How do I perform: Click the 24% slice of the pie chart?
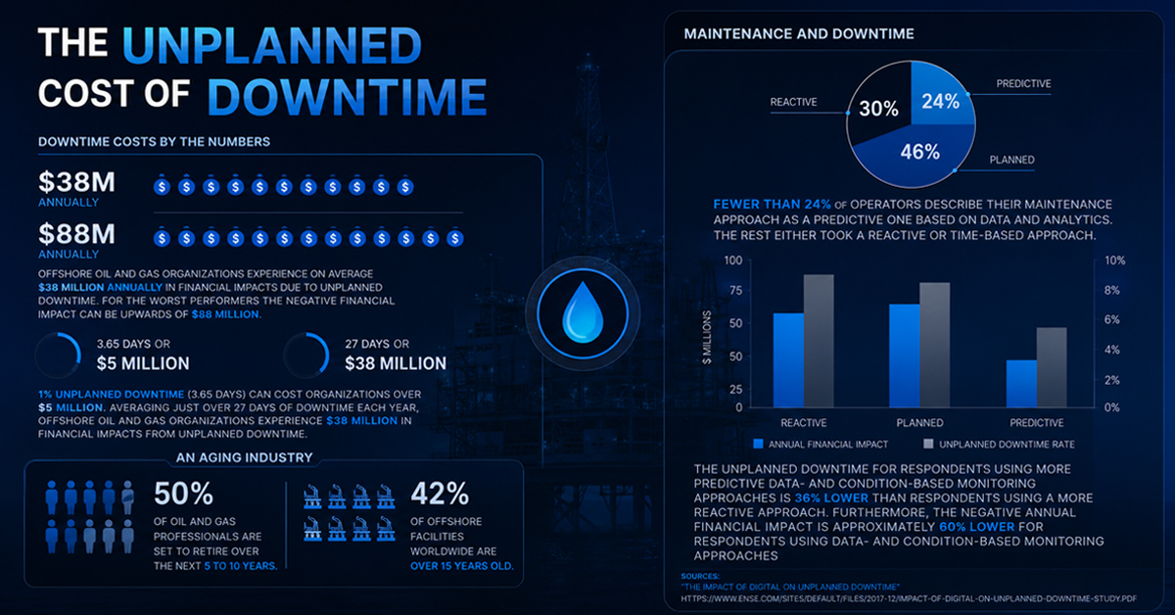(942, 97)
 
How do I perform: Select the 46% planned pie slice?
(918, 155)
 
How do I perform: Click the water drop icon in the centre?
(583, 312)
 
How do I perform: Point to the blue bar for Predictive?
(1021, 384)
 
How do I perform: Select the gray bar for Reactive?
(819, 341)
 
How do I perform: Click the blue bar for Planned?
(905, 355)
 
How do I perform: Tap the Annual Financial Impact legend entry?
(821, 445)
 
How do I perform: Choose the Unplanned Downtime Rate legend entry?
(999, 445)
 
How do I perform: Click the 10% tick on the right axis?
(1114, 260)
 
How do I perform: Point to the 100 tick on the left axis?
(733, 260)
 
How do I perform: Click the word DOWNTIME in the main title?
(348, 97)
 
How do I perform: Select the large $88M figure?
(76, 233)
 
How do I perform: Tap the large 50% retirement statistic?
(184, 494)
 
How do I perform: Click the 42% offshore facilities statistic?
(440, 494)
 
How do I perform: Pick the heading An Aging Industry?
(245, 457)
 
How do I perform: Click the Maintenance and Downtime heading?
(799, 34)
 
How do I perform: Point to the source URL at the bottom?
(909, 598)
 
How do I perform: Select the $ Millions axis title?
(707, 337)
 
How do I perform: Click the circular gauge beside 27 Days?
(306, 355)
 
